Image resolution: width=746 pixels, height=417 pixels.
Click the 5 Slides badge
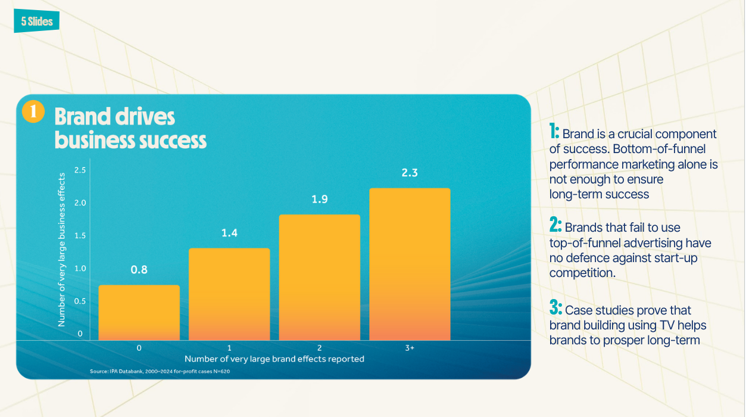point(37,21)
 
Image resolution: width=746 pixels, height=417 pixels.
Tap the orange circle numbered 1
point(33,111)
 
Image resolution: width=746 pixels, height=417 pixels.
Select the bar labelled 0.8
point(139,313)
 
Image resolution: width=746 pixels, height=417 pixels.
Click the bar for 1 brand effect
point(229,294)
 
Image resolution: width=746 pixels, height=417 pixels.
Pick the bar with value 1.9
point(320,278)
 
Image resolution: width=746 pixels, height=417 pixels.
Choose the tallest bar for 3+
point(410,264)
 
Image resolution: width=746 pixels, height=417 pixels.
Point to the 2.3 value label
point(410,173)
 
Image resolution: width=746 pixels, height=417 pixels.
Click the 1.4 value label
point(229,233)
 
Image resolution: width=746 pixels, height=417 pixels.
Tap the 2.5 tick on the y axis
point(80,170)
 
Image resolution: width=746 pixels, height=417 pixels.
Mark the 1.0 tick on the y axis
point(80,269)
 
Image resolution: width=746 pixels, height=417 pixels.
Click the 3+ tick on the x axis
point(410,348)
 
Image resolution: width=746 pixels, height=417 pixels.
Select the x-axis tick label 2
point(319,348)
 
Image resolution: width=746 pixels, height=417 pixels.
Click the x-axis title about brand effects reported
point(274,359)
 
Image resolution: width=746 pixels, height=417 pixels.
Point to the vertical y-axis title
point(61,250)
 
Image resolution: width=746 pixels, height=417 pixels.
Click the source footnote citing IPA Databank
point(160,371)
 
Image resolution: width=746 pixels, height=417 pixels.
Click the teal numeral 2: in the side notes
point(555,225)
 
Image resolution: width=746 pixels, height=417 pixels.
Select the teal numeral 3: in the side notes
point(555,307)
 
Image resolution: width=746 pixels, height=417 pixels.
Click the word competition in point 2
point(582,273)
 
